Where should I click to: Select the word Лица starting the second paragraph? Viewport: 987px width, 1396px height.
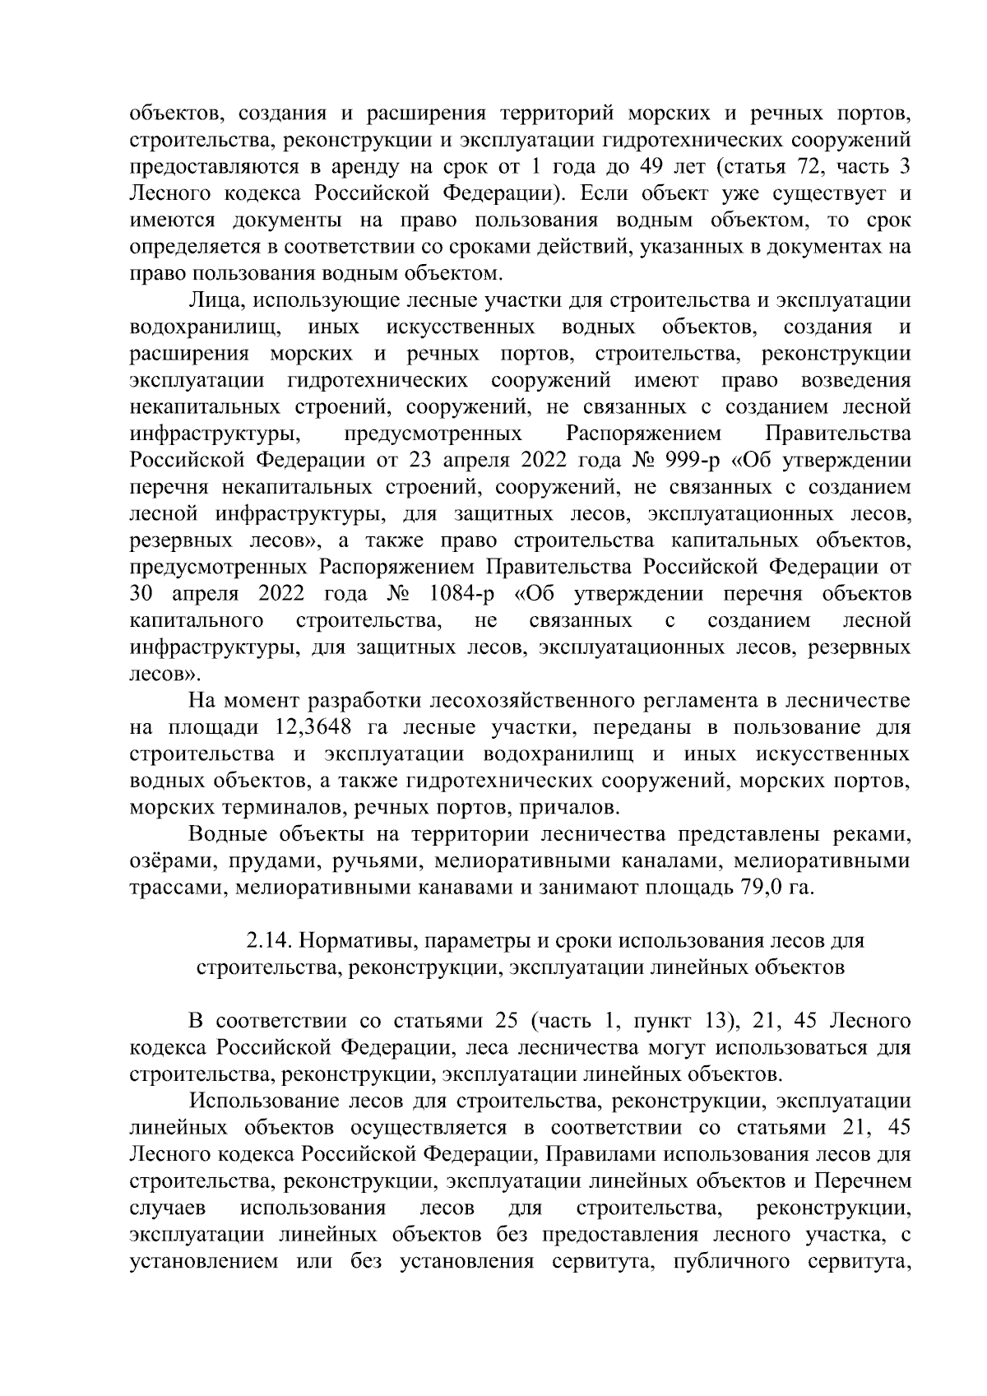coord(214,301)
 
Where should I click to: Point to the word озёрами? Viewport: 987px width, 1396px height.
coord(164,862)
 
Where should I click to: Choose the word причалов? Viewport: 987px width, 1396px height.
coord(571,807)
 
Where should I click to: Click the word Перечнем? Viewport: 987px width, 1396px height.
coord(863,1181)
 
